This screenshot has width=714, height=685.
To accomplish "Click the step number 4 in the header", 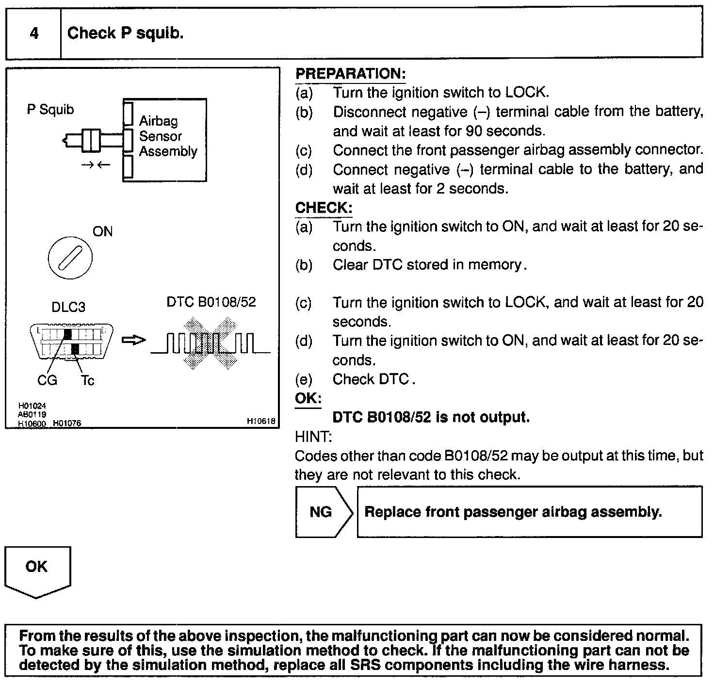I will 34,33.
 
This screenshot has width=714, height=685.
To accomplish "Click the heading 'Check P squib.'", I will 125,33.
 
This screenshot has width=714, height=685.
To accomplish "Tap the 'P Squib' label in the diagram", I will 50,110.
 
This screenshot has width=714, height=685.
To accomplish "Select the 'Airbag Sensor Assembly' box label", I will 168,136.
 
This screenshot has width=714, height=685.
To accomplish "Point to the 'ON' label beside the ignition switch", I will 102,232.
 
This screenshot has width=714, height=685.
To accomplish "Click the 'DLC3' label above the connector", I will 68,307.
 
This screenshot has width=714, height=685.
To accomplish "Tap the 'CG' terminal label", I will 47,380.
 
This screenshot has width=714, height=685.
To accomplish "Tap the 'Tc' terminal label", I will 87,380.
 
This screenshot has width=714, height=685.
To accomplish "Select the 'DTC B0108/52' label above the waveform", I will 211,302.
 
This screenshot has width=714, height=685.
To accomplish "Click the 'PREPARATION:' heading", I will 350,74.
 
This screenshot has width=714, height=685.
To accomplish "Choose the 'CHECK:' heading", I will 324,208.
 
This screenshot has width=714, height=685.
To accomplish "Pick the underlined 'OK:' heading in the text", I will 308,398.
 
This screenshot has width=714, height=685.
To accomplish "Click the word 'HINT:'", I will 313,437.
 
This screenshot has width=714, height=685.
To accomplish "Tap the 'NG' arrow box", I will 323,512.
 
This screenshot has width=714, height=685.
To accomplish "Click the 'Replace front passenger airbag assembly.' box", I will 529,512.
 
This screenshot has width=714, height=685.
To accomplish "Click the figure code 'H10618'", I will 261,422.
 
